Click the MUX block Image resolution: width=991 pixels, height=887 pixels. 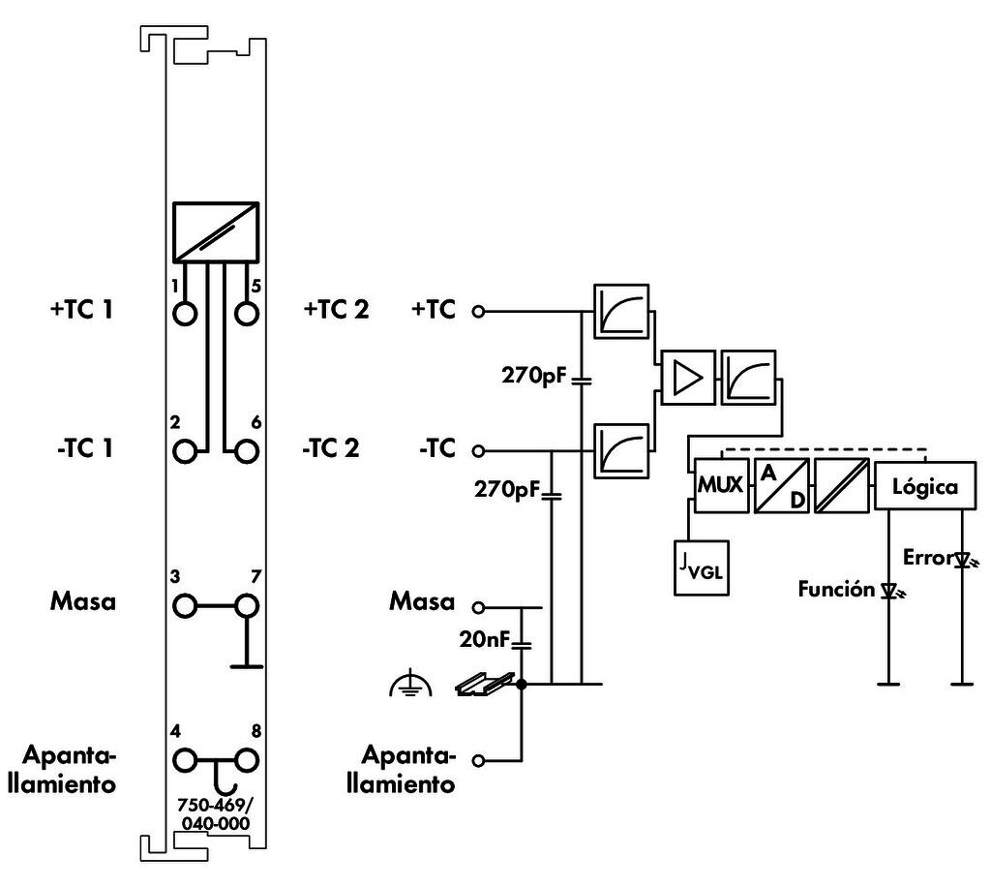tap(720, 486)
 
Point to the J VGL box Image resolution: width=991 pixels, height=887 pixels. tap(704, 568)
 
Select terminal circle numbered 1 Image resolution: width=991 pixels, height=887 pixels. tap(185, 314)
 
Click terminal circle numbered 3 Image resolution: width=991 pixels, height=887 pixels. tap(185, 606)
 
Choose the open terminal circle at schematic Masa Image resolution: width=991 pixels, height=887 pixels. tap(476, 607)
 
